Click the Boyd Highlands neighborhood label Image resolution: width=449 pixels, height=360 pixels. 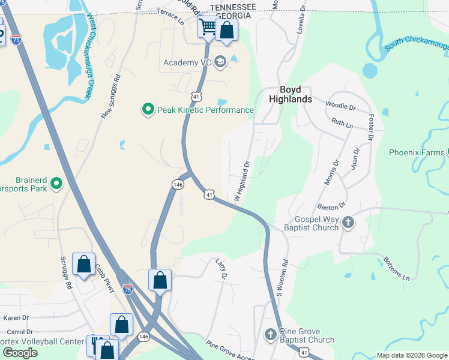tap(290, 93)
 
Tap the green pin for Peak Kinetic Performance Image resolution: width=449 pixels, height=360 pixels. tap(148, 110)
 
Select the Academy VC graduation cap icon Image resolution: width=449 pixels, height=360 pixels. tap(220, 62)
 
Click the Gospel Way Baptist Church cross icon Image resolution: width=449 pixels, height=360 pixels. tap(348, 224)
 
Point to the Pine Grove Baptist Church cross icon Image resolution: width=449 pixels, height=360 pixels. tap(270, 334)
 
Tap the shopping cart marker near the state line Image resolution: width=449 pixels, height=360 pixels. tap(208, 26)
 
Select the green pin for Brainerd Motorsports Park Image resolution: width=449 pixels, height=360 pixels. tap(56, 184)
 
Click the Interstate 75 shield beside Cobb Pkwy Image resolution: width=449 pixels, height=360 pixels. tap(127, 289)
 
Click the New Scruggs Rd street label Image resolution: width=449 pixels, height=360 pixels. tap(111, 97)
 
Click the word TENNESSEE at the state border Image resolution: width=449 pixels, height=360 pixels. tap(224, 7)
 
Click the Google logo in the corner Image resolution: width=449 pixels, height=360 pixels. tap(20, 353)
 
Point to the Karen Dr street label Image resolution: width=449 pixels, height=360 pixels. tap(16, 317)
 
